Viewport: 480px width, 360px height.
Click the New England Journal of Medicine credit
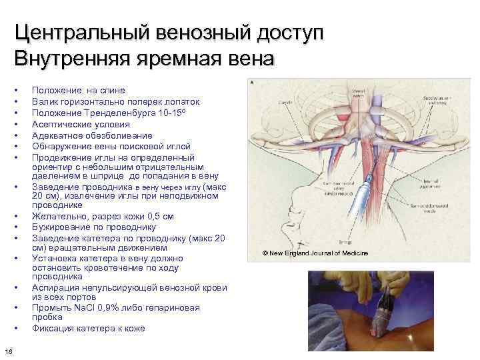(333, 253)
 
